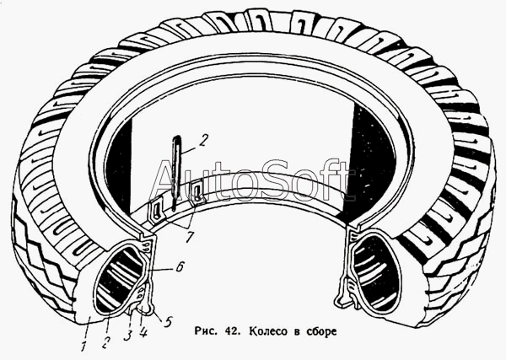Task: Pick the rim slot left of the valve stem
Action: tap(157, 206)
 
